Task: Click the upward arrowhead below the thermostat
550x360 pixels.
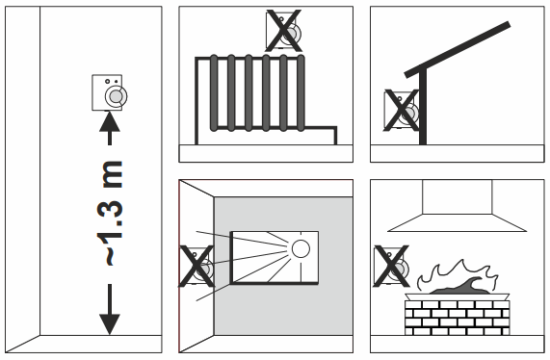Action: (111, 123)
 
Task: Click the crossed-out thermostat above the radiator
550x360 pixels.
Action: (285, 31)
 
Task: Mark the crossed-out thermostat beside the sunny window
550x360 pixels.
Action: (199, 267)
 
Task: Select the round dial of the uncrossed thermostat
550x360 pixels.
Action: (117, 95)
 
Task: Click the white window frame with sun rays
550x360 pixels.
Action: (275, 256)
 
